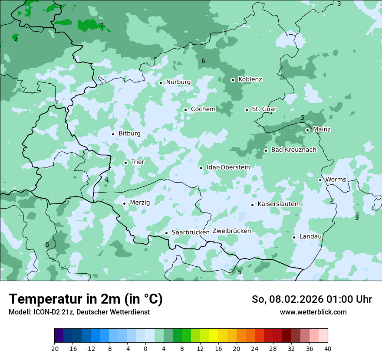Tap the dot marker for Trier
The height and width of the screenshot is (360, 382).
(125, 163)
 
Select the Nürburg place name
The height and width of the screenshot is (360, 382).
(178, 82)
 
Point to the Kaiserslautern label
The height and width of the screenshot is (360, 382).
(279, 204)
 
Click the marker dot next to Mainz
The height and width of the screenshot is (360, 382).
(307, 130)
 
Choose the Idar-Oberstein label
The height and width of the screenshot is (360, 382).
(228, 167)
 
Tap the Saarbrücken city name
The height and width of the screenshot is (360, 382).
(191, 232)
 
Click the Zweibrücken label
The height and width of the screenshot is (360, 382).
(231, 231)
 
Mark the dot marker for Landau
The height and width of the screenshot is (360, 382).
(294, 237)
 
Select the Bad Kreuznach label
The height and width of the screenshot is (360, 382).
(293, 150)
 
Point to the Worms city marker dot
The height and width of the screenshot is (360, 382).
(320, 180)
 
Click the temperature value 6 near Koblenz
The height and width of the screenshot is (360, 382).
(203, 61)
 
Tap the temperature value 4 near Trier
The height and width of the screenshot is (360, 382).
(106, 180)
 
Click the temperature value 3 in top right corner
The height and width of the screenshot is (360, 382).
(339, 3)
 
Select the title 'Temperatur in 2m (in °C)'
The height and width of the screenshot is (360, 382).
(86, 299)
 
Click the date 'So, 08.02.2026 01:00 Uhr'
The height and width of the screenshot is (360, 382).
(312, 299)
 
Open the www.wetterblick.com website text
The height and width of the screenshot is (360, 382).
(313, 312)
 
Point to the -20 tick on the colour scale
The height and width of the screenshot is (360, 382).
(54, 349)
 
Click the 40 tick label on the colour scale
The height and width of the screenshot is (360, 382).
(327, 349)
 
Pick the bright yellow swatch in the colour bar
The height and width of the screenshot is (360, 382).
(214, 336)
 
